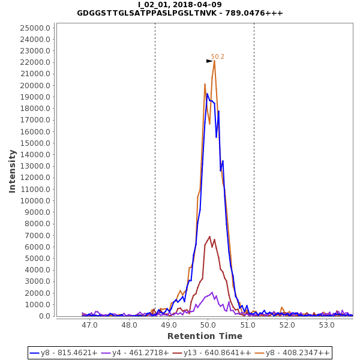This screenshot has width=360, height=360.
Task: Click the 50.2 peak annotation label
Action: (x=217, y=57)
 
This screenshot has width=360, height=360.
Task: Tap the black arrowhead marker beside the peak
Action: (x=209, y=61)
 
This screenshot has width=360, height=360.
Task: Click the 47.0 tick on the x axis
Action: (x=89, y=325)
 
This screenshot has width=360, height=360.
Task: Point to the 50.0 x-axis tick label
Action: (x=208, y=325)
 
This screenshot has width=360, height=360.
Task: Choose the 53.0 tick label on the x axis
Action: (x=327, y=325)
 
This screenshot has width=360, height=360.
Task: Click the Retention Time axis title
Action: (x=205, y=336)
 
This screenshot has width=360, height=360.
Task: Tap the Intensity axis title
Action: (x=13, y=171)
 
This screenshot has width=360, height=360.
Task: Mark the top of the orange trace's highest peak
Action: (x=214, y=61)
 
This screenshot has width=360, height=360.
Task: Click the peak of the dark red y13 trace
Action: (x=209, y=236)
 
